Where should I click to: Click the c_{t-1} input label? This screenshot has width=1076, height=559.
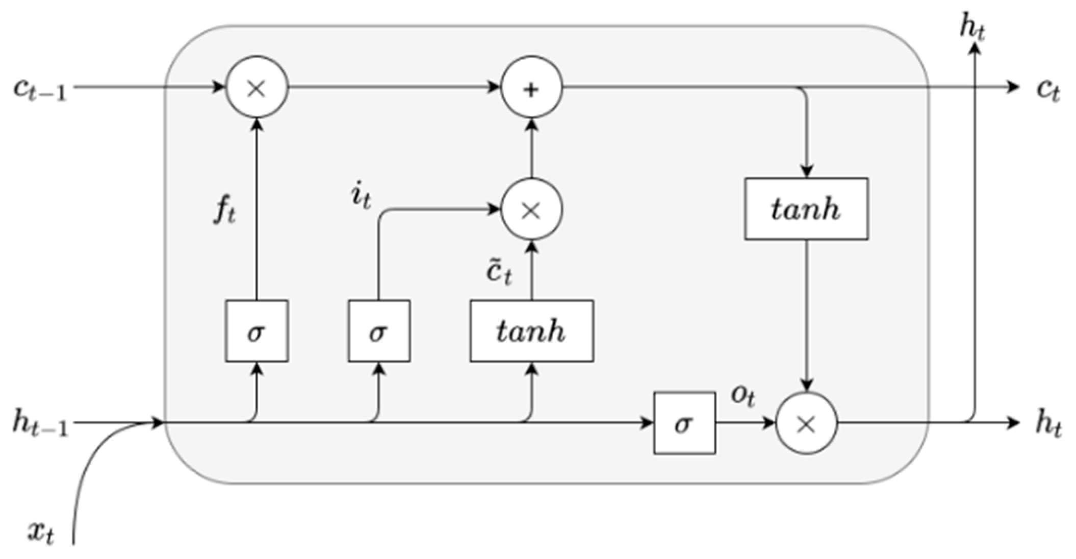pyautogui.click(x=40, y=90)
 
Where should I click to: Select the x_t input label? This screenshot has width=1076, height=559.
pyautogui.click(x=41, y=533)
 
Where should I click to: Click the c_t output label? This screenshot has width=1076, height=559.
pyautogui.click(x=1048, y=90)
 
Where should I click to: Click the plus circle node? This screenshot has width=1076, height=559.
pyautogui.click(x=531, y=87)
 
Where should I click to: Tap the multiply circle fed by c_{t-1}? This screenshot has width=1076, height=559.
pyautogui.click(x=257, y=87)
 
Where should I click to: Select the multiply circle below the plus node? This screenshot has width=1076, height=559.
pyautogui.click(x=531, y=209)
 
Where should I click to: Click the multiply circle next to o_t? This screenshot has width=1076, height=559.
pyautogui.click(x=806, y=423)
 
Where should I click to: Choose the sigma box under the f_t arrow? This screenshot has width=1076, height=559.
pyautogui.click(x=257, y=331)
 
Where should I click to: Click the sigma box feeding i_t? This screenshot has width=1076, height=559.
pyautogui.click(x=378, y=331)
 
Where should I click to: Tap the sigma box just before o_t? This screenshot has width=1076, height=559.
pyautogui.click(x=684, y=423)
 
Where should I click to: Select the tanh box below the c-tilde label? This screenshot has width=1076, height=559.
pyautogui.click(x=531, y=331)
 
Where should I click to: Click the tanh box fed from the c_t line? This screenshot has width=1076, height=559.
pyautogui.click(x=806, y=209)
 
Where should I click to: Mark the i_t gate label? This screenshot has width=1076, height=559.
pyautogui.click(x=361, y=197)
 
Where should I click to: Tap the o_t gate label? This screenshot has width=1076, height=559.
pyautogui.click(x=742, y=395)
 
